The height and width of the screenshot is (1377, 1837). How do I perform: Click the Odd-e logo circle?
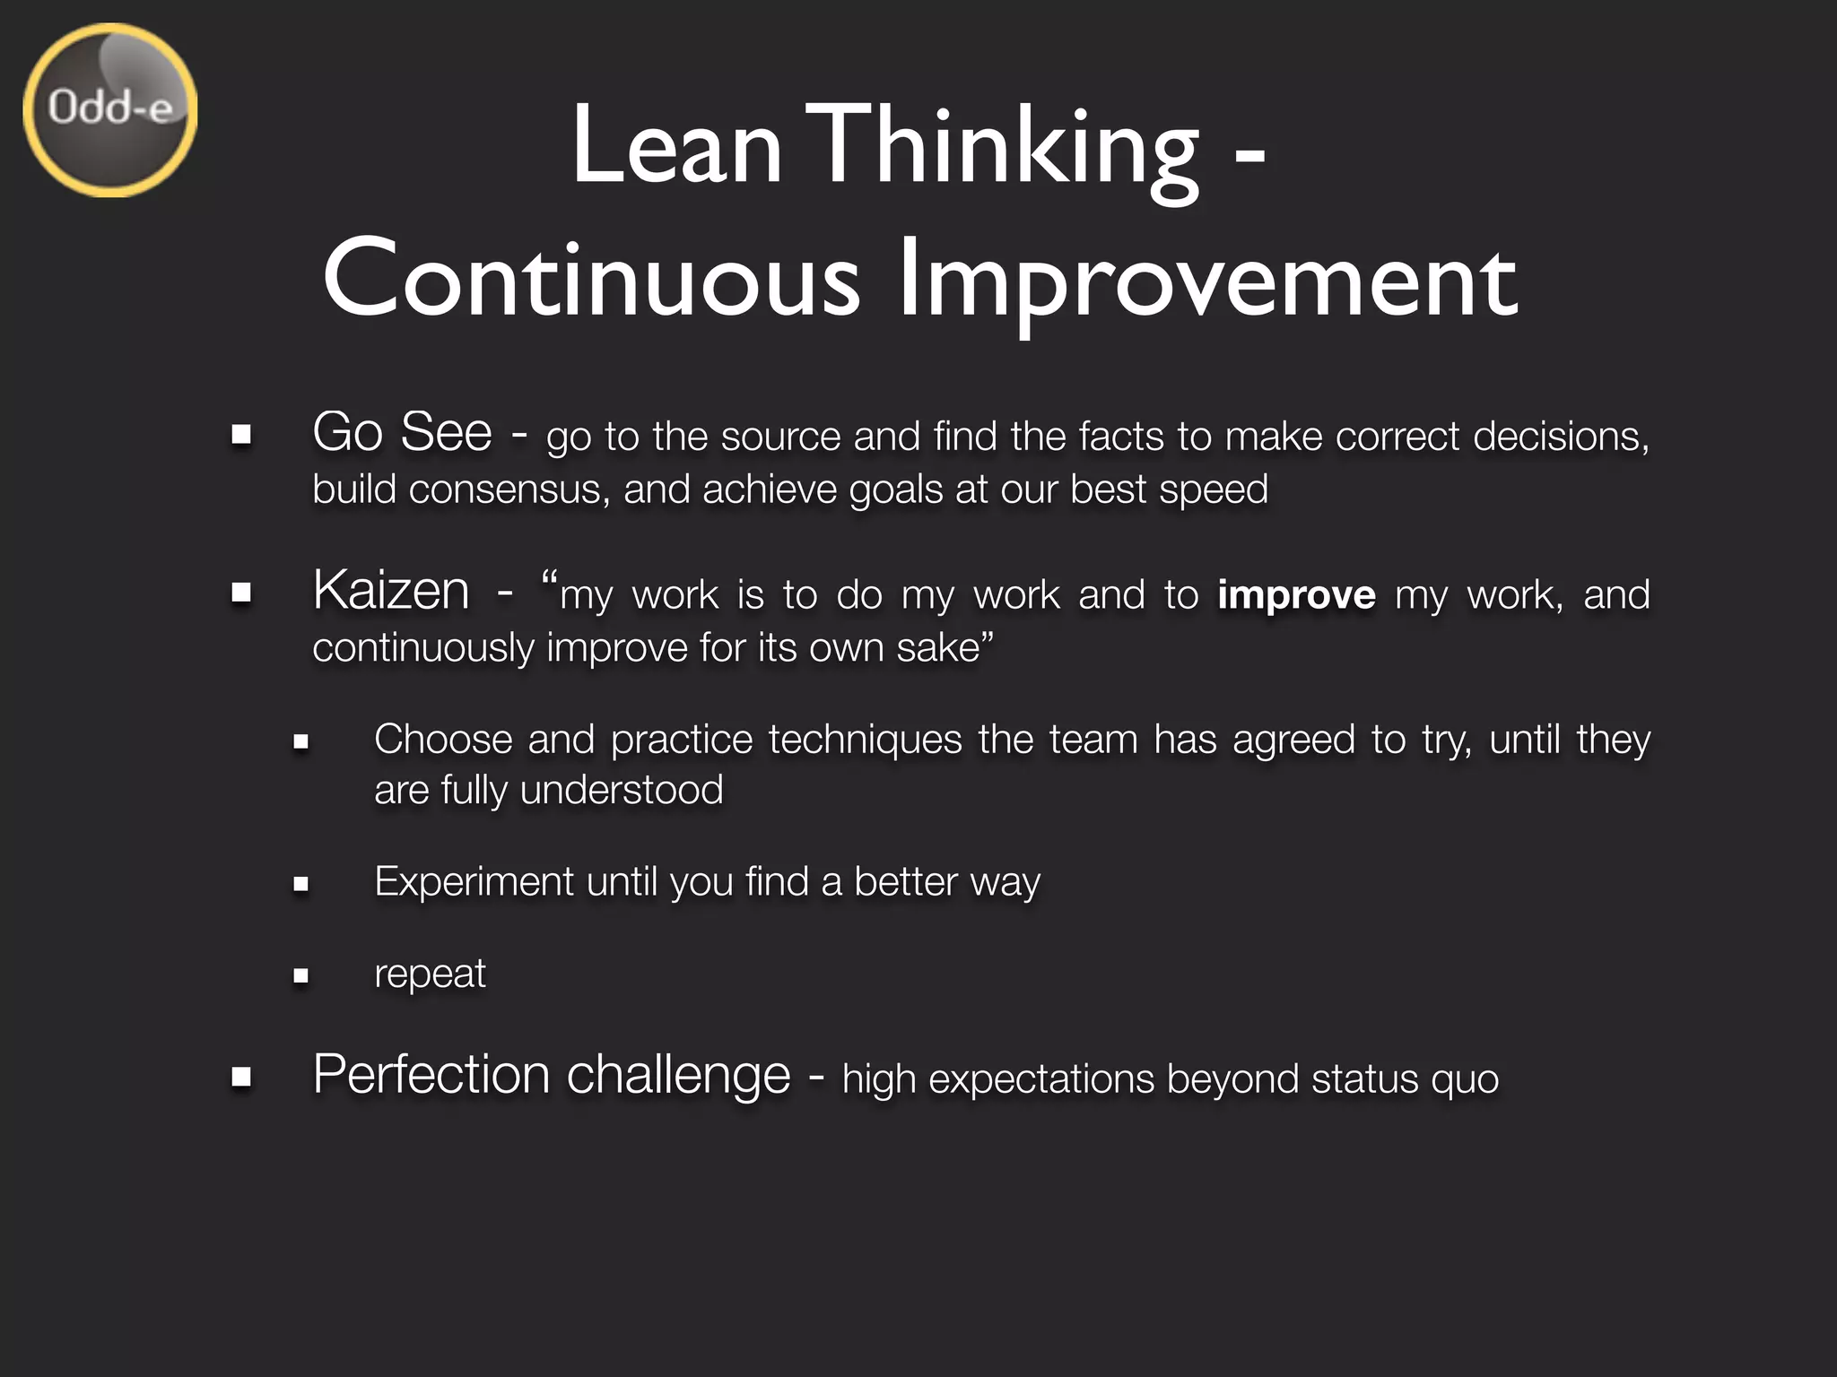click(x=109, y=110)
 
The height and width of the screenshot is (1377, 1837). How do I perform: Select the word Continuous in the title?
click(x=591, y=280)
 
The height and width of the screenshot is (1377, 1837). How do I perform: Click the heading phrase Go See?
click(x=402, y=432)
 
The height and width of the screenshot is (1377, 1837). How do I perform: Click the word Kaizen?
click(x=391, y=591)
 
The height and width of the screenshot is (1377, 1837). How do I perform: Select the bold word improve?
click(x=1296, y=595)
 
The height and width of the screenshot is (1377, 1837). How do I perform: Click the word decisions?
click(x=1560, y=437)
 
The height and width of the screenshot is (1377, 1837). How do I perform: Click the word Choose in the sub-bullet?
click(x=443, y=740)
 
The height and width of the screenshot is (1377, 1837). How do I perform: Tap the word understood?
click(x=622, y=791)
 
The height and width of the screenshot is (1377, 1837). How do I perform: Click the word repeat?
click(x=430, y=974)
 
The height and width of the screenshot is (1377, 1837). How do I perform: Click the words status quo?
click(x=1405, y=1079)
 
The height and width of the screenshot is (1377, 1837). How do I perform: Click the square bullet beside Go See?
click(x=240, y=436)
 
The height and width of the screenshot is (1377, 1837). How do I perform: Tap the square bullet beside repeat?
click(x=300, y=975)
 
